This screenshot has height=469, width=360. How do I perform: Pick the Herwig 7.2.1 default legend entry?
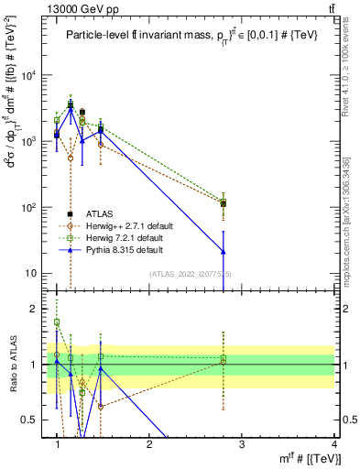point(131,237)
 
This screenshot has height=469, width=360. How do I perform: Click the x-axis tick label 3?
point(241,443)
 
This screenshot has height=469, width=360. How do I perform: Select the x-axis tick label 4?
point(333,443)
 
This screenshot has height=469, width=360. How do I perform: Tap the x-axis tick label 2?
point(149,443)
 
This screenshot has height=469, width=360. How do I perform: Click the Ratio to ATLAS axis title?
point(13,364)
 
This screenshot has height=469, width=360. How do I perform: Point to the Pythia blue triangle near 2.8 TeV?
point(223,251)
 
